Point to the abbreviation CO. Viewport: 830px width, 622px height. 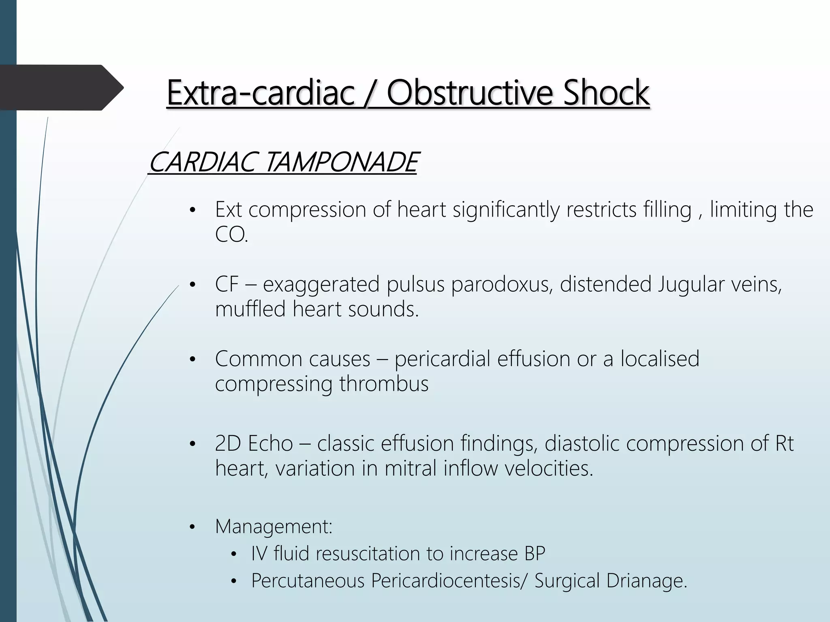tap(231, 235)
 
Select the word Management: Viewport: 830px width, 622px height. tap(274, 526)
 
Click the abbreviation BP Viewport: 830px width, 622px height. tap(535, 554)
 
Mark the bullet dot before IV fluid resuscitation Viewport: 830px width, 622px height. tap(233, 554)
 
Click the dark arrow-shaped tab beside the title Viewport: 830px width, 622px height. tap(61, 87)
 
